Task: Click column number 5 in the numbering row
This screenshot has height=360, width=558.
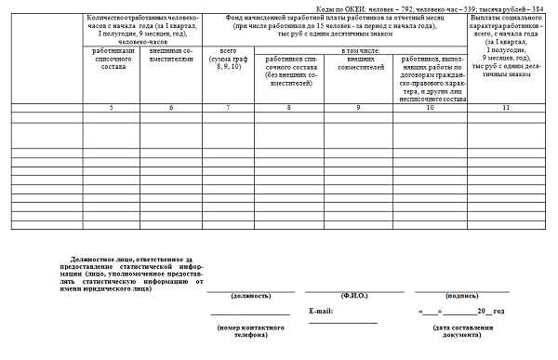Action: tap(111, 109)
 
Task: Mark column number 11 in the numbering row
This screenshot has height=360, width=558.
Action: tap(508, 109)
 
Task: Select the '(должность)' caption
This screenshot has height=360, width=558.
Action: tap(250, 296)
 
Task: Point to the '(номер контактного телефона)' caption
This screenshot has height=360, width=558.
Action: tap(250, 332)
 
